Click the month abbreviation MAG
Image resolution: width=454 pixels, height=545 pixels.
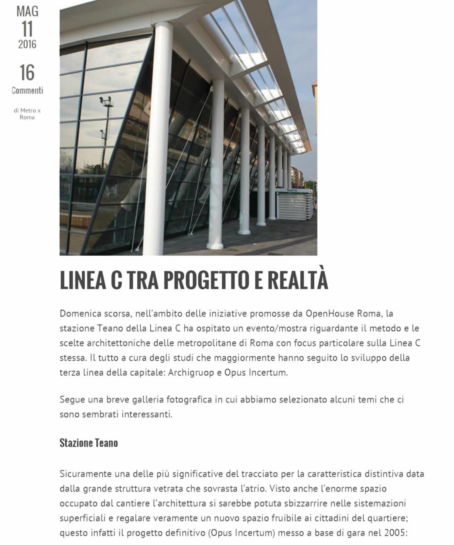pyautogui.click(x=27, y=11)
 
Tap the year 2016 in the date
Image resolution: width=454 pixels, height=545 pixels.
pyautogui.click(x=27, y=44)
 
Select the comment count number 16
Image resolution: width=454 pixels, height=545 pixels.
pyautogui.click(x=27, y=73)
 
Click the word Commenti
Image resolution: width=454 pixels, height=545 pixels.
pyautogui.click(x=27, y=90)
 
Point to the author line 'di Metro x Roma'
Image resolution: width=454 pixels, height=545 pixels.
pyautogui.click(x=27, y=114)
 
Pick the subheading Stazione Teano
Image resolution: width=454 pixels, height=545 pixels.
pyautogui.click(x=89, y=443)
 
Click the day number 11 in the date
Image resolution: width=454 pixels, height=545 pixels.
pyautogui.click(x=27, y=29)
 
